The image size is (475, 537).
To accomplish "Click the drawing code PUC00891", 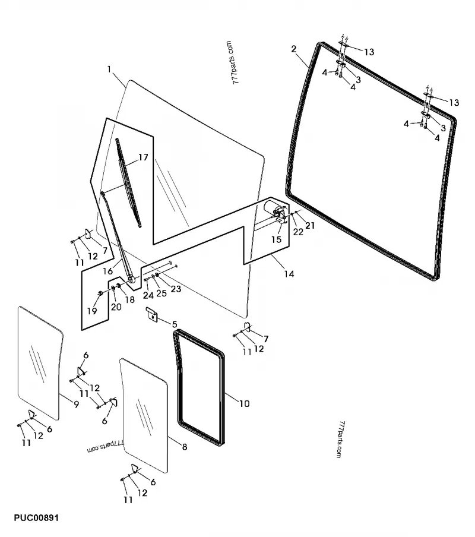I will click(x=33, y=518).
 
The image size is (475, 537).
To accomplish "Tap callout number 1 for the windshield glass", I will click(x=109, y=70).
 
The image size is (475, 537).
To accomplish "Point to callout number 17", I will click(x=142, y=157).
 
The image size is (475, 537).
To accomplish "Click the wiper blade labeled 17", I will click(x=129, y=184).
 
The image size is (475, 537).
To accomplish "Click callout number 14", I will click(x=289, y=274).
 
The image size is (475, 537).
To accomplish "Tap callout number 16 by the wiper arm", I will click(x=108, y=271).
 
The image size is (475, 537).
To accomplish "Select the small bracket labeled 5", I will click(x=152, y=315).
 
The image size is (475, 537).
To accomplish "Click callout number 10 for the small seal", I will click(x=244, y=403).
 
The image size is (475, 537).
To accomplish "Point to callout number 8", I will click(x=185, y=447).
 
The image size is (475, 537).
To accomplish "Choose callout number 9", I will click(x=76, y=404).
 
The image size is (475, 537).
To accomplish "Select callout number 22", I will click(x=298, y=232).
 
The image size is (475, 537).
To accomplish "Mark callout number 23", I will click(x=175, y=289).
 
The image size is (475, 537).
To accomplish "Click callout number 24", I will click(x=148, y=295).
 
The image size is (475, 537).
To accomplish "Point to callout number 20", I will click(x=116, y=307).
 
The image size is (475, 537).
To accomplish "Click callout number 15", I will click(x=276, y=239).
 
